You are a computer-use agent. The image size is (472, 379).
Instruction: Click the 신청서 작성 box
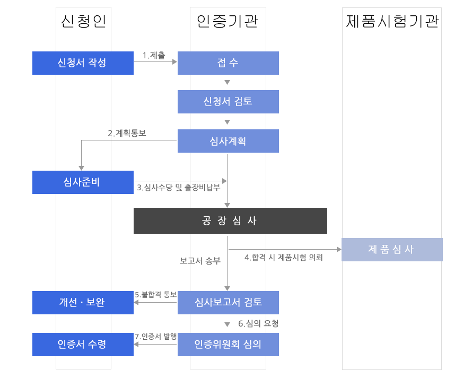(83, 63)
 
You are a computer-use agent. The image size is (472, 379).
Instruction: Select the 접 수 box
(228, 63)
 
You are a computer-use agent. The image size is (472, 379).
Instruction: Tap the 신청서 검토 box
(228, 101)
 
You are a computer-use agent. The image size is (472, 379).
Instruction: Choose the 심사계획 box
(228, 141)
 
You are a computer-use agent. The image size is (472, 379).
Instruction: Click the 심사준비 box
(83, 182)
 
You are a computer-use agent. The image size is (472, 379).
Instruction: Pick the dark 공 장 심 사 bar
(230, 221)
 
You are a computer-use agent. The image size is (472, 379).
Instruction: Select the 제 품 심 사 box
(391, 250)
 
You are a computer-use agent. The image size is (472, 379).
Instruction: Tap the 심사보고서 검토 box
(228, 302)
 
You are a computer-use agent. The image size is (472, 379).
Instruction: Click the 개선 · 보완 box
(83, 302)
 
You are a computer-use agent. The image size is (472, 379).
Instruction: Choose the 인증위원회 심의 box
(228, 344)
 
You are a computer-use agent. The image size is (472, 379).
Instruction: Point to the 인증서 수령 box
(83, 344)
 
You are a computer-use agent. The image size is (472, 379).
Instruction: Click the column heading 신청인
(84, 21)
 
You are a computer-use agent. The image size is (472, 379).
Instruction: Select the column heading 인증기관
(228, 21)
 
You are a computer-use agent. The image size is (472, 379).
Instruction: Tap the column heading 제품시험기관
(392, 21)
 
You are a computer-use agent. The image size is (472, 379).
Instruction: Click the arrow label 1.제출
(154, 55)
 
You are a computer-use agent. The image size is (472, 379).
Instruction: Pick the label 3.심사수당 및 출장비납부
(178, 187)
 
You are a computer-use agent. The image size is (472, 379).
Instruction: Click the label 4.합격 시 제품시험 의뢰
(284, 258)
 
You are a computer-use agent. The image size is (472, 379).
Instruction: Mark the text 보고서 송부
(200, 261)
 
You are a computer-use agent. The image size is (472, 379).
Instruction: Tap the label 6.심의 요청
(258, 323)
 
